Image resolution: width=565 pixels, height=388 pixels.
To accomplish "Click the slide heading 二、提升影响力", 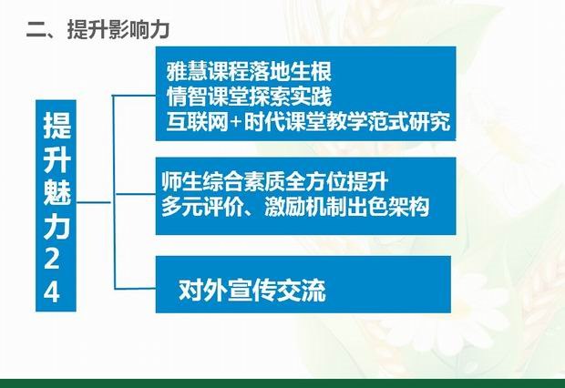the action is coord(98,29).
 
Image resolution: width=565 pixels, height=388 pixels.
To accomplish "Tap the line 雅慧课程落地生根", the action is coord(249,71).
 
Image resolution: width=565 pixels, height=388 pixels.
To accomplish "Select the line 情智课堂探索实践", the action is coord(249,97).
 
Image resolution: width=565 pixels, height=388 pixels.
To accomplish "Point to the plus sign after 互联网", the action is coord(236,122).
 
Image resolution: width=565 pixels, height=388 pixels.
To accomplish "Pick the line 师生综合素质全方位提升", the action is coord(275,181).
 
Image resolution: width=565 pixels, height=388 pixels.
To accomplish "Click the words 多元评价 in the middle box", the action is coord(202,207).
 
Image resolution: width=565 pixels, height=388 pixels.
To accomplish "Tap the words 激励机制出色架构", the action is coord(347,207).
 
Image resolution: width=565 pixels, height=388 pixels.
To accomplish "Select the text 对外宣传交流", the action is coord(252,290).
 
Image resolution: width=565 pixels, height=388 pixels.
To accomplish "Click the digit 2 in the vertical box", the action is coord(52,258).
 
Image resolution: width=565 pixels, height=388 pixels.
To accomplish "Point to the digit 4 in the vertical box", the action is coord(52,291).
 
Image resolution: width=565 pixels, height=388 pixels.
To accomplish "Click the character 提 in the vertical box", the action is coord(56,125).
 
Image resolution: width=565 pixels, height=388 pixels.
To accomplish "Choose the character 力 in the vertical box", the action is coord(56,225).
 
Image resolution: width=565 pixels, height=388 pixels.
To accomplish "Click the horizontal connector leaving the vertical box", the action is coord(94,202).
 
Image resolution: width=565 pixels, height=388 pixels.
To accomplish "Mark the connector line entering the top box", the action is coord(134,96).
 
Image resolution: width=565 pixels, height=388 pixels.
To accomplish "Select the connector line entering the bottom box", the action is coord(135,289).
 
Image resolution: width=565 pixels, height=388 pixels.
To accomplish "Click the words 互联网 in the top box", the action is coord(198,122).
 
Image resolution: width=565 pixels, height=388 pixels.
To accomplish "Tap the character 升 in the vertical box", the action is coord(56,158).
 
